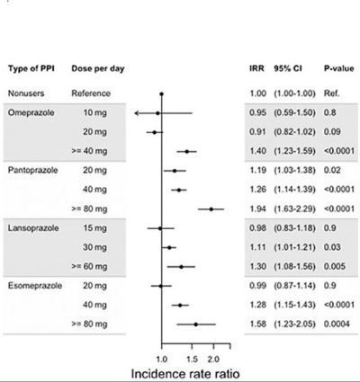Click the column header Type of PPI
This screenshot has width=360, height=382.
(31, 68)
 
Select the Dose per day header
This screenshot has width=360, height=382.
(98, 68)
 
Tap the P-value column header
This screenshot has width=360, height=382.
(338, 68)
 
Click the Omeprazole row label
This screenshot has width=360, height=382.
(31, 112)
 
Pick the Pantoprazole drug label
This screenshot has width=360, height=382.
(32, 170)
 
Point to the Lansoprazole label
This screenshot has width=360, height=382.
(33, 228)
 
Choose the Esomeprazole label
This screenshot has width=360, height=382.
(35, 286)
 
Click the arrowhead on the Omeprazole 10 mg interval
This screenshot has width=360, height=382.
(137, 113)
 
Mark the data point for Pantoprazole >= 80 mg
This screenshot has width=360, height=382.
(211, 209)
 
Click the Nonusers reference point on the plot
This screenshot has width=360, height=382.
(162, 94)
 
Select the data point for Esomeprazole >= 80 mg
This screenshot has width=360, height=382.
(196, 324)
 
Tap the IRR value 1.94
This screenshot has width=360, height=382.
(257, 209)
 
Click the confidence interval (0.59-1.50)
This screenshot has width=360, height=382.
(294, 112)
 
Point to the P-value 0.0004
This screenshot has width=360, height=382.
(337, 324)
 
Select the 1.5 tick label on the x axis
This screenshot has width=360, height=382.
(193, 359)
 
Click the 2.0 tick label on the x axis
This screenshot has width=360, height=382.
(213, 359)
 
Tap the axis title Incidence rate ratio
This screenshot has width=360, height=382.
(185, 374)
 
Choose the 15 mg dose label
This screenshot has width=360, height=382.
(94, 228)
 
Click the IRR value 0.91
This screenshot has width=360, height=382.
(257, 132)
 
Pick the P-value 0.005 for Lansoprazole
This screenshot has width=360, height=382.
(335, 266)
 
